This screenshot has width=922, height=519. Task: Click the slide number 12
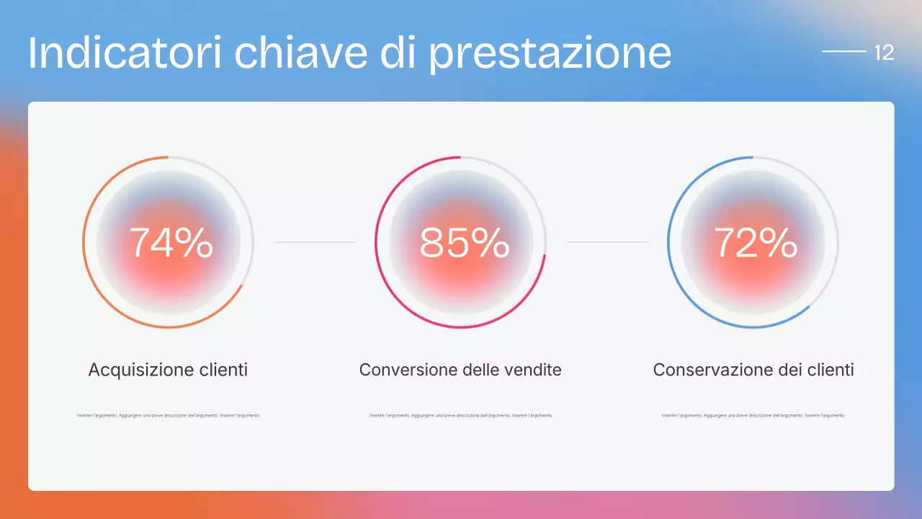(x=884, y=53)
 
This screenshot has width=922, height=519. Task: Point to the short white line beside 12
(x=843, y=52)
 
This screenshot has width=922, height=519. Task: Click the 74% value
(x=171, y=243)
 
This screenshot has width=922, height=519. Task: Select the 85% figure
(x=464, y=243)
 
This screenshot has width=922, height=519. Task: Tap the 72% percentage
(x=755, y=243)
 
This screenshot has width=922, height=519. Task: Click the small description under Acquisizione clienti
(x=169, y=416)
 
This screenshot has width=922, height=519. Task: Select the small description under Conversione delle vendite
(x=461, y=416)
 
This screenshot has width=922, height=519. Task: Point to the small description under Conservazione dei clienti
(x=753, y=416)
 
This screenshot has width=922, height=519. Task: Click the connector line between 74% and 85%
(x=315, y=242)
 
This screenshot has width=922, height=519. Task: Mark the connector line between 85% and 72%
(x=608, y=242)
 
